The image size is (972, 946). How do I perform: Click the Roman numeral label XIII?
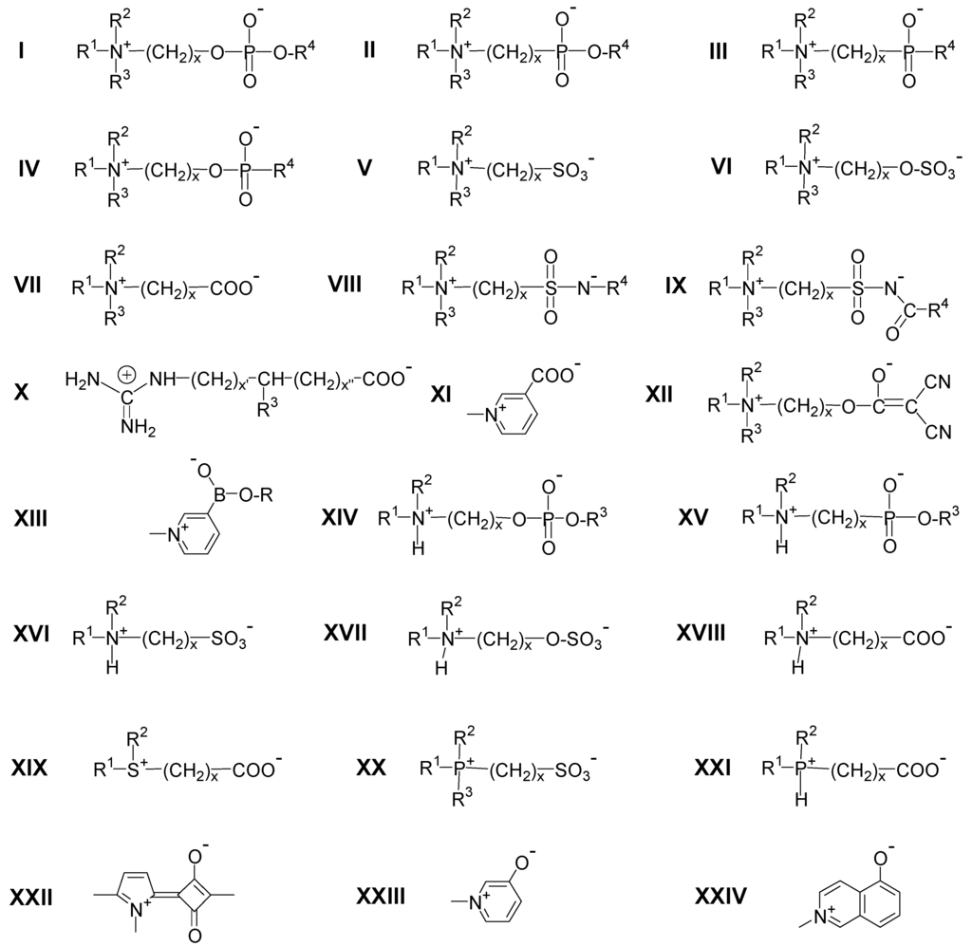click(x=39, y=521)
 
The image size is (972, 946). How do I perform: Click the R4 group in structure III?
click(x=944, y=52)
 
